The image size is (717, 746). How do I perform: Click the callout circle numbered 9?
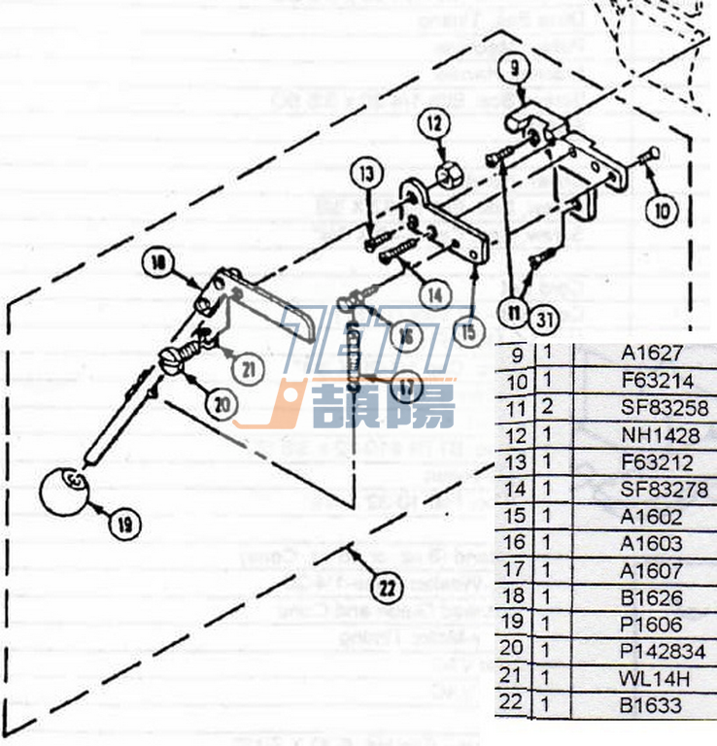(515, 68)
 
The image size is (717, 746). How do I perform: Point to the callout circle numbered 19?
(124, 526)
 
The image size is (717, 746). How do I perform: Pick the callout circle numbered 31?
(544, 316)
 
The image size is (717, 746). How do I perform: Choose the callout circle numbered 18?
(158, 261)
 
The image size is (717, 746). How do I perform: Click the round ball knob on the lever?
(64, 490)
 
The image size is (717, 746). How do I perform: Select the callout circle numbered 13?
(365, 176)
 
